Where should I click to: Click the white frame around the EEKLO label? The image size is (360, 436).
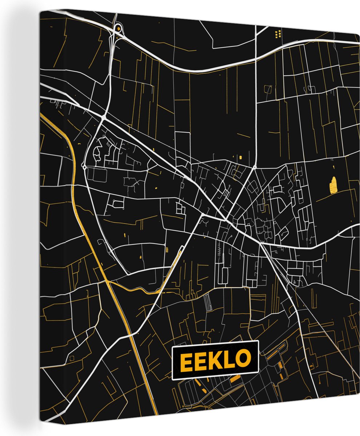[x=215, y=343]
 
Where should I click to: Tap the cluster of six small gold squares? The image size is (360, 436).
[x=278, y=34]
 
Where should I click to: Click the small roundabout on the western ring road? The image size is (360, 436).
[x=84, y=167]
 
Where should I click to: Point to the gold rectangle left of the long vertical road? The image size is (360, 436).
[x=240, y=157]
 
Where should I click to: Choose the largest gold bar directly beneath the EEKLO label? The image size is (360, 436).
[x=235, y=379]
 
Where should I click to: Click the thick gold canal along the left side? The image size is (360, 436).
[x=78, y=203]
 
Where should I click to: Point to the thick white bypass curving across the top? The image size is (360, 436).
[x=204, y=69]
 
